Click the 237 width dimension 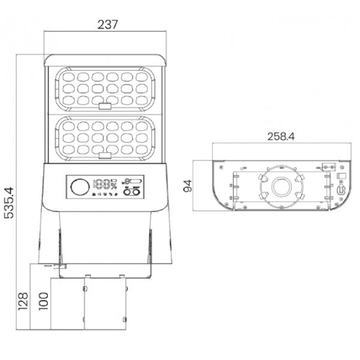point(107,25)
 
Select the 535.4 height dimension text point(10,203)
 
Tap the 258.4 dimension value point(281,136)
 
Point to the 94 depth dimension point(187,186)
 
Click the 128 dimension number point(23,301)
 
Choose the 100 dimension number point(43,301)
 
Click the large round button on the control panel point(80,187)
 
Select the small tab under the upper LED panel point(105,106)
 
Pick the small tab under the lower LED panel point(105,155)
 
